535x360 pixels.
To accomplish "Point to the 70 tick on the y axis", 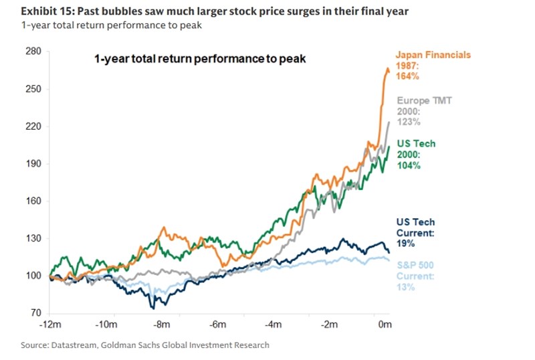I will click(35, 312).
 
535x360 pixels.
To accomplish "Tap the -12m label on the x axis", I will click(51, 325).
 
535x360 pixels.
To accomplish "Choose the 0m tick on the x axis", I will click(385, 325).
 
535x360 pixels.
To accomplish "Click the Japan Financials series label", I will click(433, 55).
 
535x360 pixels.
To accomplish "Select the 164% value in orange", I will click(407, 76).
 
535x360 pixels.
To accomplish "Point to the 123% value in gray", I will click(409, 122).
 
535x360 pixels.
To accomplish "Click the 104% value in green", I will click(409, 165).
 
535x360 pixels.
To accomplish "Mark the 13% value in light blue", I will click(405, 287).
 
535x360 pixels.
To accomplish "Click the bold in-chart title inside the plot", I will click(199, 59).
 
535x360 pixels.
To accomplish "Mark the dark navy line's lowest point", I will click(154, 308).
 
